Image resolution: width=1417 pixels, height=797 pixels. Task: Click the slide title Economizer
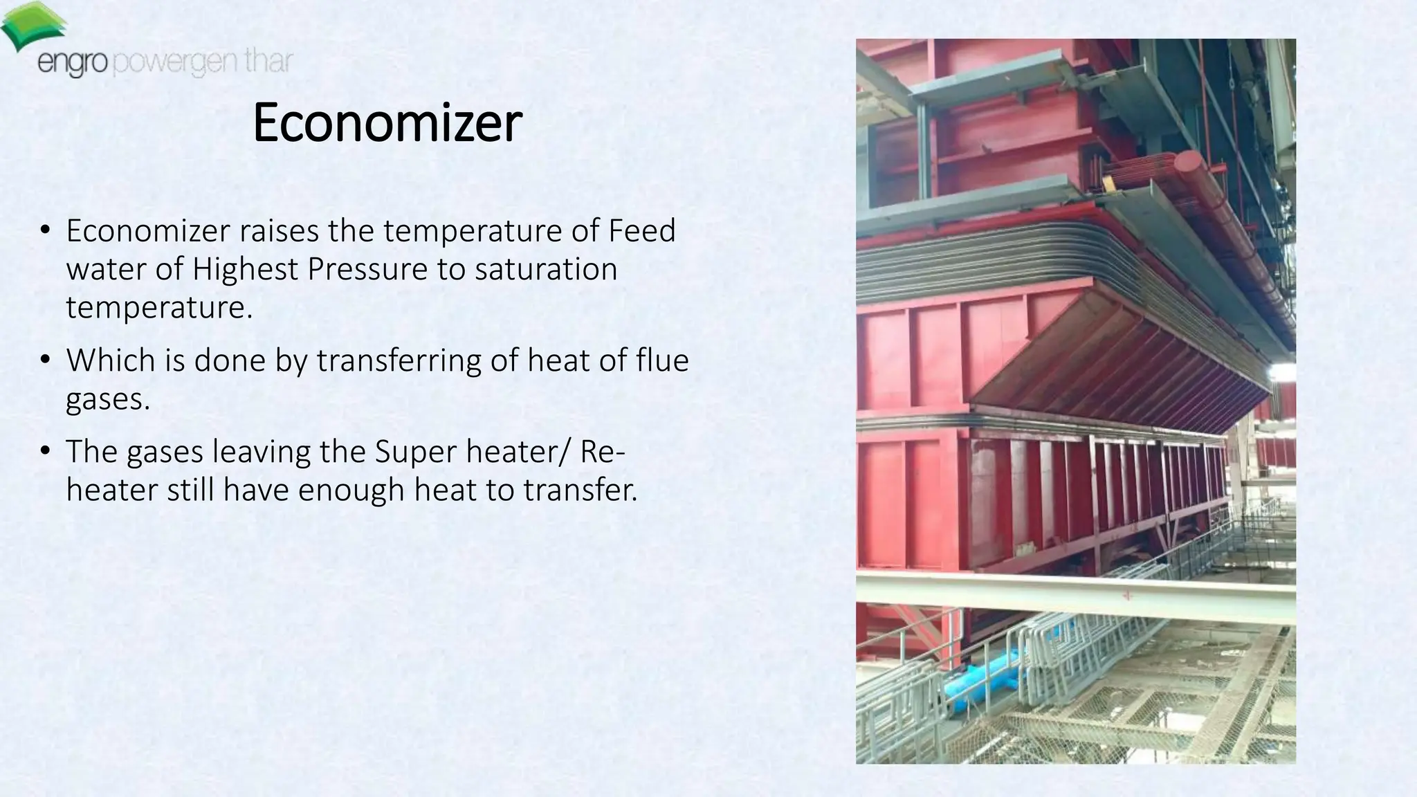387,123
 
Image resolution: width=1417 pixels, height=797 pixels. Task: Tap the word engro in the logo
72,64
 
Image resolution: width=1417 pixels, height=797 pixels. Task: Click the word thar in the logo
268,62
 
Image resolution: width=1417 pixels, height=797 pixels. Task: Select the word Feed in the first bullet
641,230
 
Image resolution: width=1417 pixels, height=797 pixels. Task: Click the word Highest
245,269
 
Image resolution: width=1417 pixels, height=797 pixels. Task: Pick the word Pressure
367,269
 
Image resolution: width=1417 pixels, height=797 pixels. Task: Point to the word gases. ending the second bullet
108,399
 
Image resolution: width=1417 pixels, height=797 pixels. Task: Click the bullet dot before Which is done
45,360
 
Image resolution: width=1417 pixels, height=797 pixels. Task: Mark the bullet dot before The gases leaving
45,451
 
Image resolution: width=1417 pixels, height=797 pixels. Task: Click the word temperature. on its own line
159,308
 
